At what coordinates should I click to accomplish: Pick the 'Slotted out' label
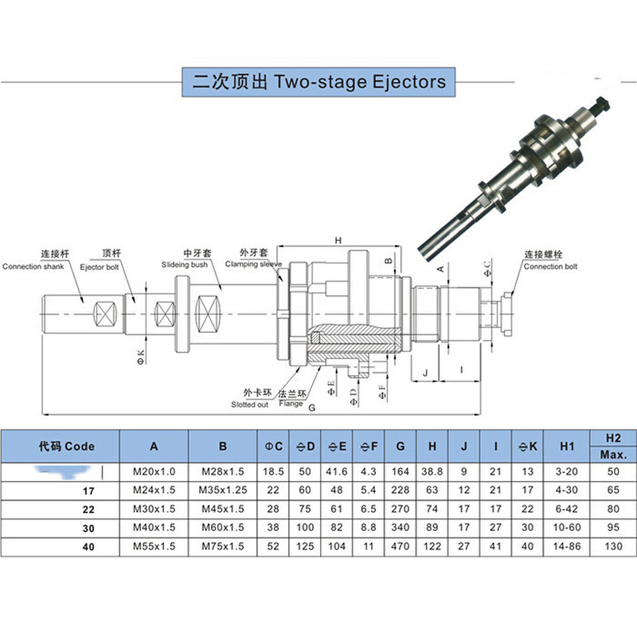click(250, 404)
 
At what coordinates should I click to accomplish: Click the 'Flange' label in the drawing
click(291, 404)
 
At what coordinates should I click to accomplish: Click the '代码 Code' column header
click(66, 446)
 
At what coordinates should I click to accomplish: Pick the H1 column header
click(567, 446)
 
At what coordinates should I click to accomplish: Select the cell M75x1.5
click(222, 545)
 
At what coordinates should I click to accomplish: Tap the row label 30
click(89, 528)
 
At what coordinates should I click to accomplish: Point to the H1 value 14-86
click(567, 545)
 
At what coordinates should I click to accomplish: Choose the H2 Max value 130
click(612, 545)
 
